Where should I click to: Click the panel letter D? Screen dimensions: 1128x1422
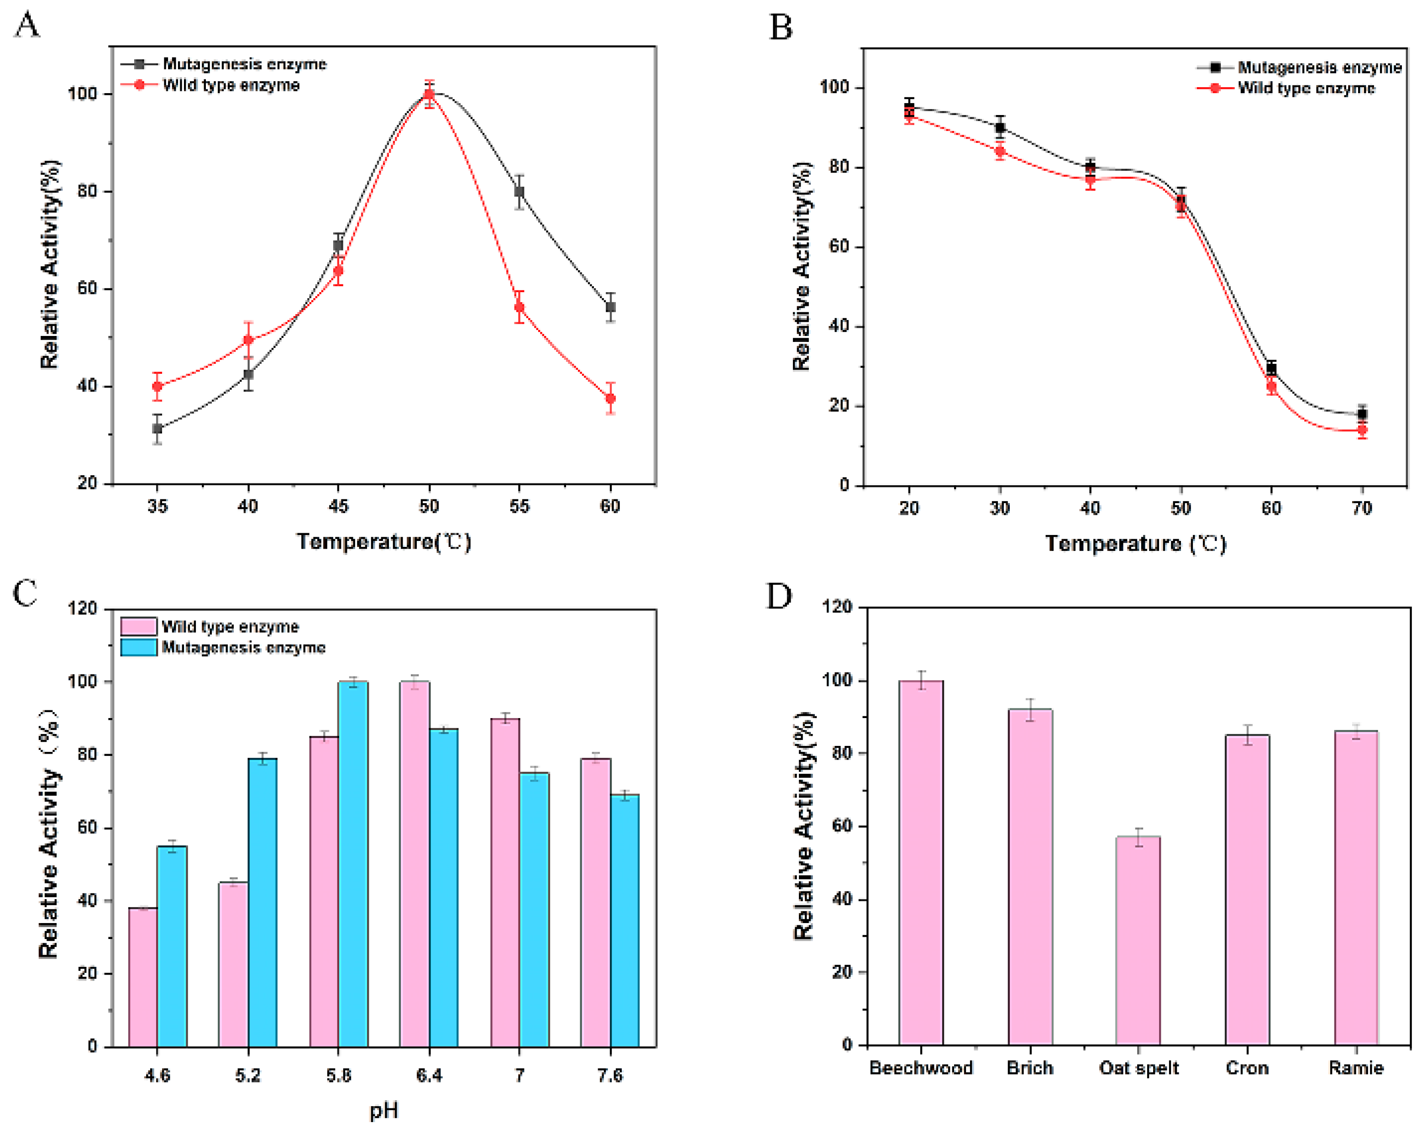(778, 596)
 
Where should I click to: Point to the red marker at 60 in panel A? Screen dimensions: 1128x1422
(610, 399)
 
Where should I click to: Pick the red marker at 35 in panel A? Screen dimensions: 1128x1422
(157, 387)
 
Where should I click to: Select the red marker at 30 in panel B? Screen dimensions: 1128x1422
(1000, 152)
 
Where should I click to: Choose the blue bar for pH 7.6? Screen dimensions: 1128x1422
(624, 920)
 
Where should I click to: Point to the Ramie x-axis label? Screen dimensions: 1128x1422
(1355, 1067)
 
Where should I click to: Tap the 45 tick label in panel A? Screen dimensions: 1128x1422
(338, 506)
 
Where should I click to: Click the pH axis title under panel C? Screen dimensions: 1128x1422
(383, 1110)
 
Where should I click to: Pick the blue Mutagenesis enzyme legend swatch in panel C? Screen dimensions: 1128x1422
(138, 647)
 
